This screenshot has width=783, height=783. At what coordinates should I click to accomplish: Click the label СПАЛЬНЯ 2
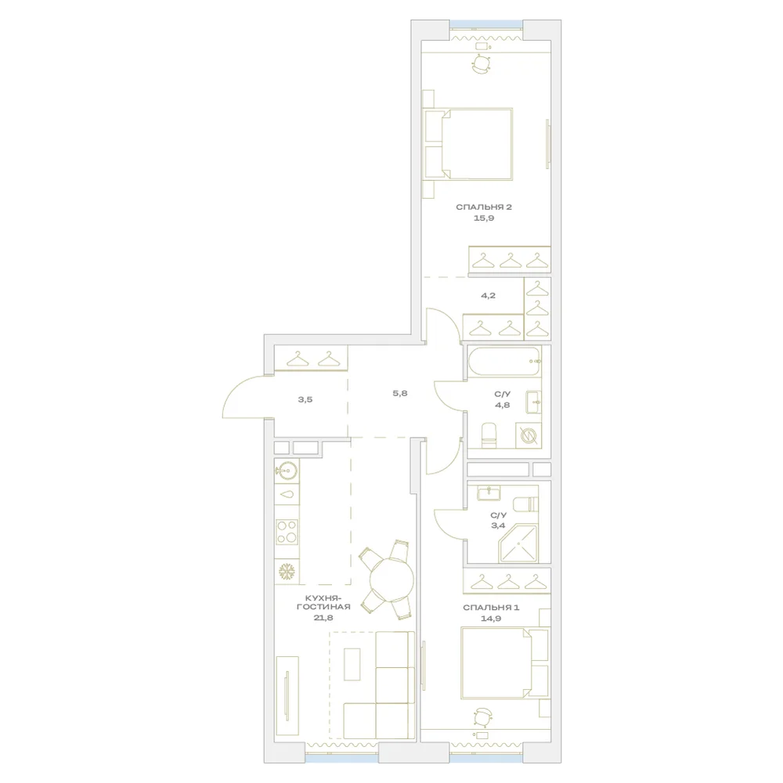click(x=483, y=207)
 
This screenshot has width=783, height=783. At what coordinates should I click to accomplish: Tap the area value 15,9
click(x=483, y=218)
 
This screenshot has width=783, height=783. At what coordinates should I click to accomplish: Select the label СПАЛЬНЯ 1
click(x=491, y=608)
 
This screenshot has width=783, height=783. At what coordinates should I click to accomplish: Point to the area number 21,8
click(x=323, y=617)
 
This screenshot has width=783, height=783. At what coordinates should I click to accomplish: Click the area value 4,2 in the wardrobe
click(x=488, y=295)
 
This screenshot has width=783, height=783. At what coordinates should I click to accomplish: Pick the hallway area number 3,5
click(x=305, y=399)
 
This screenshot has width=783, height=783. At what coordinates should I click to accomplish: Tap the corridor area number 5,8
click(x=400, y=393)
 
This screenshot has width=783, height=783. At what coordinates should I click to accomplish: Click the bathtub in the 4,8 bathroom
click(x=503, y=360)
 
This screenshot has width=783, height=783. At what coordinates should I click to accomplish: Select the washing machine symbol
click(x=529, y=435)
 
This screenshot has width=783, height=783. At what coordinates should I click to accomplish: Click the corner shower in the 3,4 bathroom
click(x=518, y=543)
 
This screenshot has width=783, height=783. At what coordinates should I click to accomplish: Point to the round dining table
click(x=391, y=579)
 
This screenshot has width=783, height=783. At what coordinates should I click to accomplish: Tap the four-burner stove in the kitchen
click(x=287, y=532)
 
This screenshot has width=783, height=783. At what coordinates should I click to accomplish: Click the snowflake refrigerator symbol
click(x=287, y=572)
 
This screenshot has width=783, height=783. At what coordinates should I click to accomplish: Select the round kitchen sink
click(x=287, y=470)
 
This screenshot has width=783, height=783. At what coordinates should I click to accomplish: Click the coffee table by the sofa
click(x=352, y=664)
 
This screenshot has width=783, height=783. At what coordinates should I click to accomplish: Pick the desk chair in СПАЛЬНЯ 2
click(x=482, y=64)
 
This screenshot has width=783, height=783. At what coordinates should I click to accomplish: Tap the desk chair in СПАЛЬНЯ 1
click(x=482, y=717)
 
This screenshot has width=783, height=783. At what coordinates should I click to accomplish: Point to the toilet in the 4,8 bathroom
click(x=489, y=435)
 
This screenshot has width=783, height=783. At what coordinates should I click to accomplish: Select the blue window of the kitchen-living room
click(x=341, y=759)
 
